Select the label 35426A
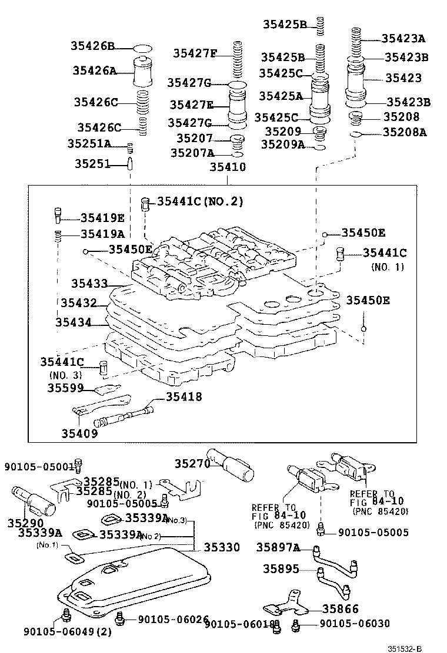point(94,70)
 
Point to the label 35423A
point(403,38)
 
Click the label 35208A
point(405,133)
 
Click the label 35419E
point(102,218)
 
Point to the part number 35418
point(184,397)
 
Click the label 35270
point(192,463)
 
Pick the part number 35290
point(25,522)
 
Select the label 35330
point(222,547)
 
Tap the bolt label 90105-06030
point(355,624)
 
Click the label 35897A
point(278,548)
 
